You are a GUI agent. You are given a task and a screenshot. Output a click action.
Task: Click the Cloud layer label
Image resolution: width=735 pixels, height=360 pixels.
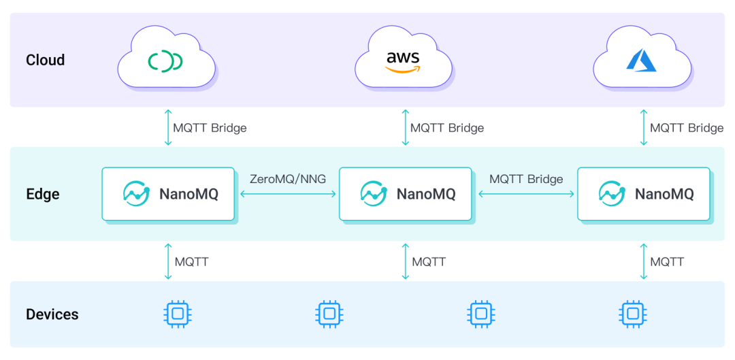tap(45, 60)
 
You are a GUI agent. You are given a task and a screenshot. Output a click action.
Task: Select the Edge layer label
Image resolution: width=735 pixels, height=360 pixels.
tap(43, 194)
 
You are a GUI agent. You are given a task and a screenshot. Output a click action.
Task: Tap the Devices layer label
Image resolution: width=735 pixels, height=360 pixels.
tap(52, 314)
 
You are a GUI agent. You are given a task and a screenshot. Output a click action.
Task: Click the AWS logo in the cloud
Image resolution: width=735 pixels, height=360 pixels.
tap(403, 61)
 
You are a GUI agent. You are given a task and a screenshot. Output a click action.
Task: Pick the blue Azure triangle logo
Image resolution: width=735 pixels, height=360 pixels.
tap(640, 61)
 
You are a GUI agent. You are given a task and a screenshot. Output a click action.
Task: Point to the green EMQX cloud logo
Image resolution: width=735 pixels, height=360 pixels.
tap(165, 61)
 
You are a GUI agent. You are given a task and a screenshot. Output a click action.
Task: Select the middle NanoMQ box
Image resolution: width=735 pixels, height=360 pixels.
tap(406, 194)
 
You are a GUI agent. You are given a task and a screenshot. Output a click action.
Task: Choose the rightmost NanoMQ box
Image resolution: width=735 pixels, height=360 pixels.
tap(644, 194)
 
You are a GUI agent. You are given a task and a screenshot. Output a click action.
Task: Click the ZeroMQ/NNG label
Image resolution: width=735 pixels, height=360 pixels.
tap(288, 179)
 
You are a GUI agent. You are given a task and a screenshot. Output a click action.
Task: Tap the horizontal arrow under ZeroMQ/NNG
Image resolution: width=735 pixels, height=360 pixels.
tap(288, 194)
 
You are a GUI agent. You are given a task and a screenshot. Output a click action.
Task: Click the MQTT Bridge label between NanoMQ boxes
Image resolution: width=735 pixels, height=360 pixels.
tap(526, 179)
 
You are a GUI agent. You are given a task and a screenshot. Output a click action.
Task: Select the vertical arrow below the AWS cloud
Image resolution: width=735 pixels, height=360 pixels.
tap(406, 127)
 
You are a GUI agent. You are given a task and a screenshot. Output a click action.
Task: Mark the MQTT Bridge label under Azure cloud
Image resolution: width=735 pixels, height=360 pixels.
tap(686, 127)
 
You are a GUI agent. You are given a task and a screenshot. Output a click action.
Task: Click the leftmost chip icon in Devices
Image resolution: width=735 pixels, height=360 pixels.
tap(178, 314)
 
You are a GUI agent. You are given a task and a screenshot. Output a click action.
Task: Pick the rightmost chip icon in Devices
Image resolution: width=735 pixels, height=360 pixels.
tap(633, 314)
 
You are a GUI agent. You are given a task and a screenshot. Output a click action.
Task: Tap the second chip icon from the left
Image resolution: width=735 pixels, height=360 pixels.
tap(329, 314)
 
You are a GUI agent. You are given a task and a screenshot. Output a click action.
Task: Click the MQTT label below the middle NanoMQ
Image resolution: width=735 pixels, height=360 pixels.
tap(429, 261)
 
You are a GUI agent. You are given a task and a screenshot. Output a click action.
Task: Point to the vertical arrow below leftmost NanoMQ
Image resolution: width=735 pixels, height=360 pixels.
tap(168, 261)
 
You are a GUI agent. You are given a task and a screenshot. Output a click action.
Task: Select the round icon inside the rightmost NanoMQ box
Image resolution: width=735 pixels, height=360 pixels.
tap(612, 194)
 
